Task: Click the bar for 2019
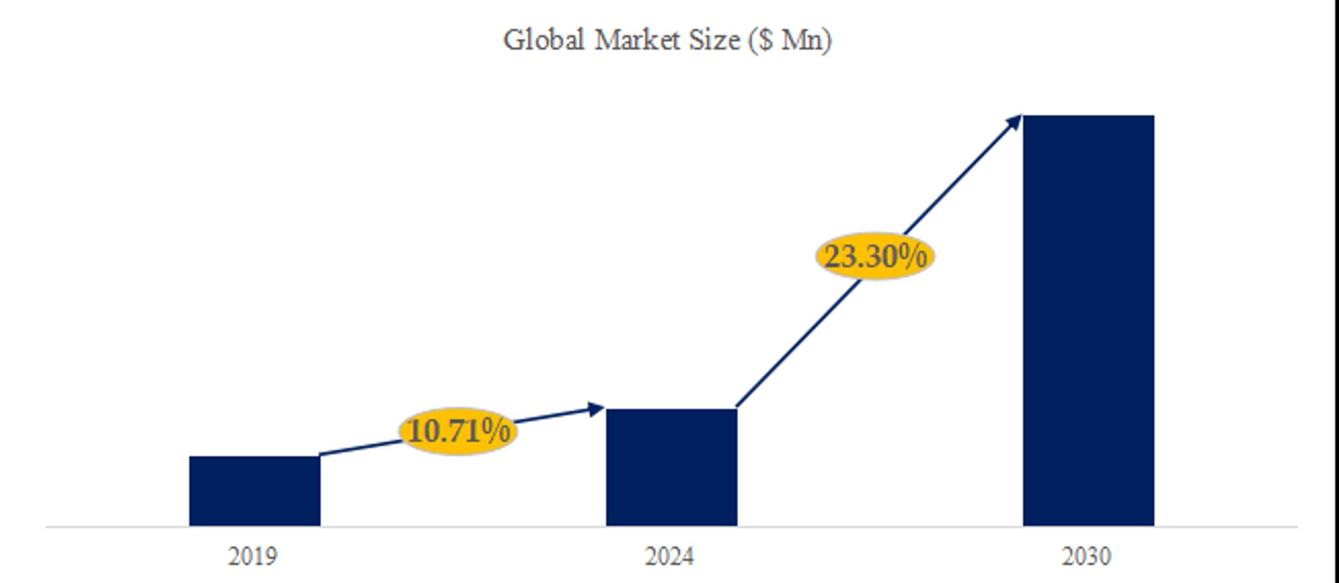254,490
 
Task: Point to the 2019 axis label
253,557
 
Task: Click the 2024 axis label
669,557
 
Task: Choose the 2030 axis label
1086,557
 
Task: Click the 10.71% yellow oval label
458,431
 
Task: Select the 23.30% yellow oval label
875,256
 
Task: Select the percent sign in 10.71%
495,431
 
